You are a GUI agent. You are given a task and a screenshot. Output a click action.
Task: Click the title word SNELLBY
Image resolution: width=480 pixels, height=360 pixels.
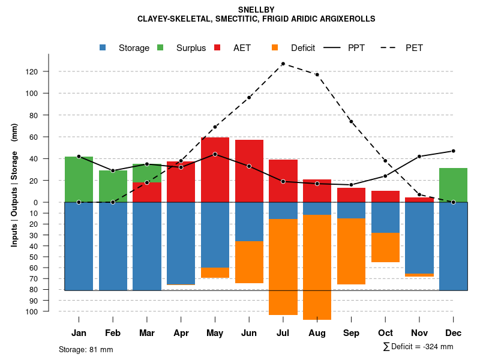(x=256, y=10)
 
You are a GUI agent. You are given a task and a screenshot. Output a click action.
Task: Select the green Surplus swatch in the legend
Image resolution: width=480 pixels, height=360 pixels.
(x=160, y=48)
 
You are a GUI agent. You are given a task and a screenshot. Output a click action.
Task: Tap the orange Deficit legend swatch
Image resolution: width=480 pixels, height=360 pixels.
(x=275, y=48)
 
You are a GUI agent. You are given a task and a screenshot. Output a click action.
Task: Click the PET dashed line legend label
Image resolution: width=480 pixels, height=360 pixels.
(x=414, y=48)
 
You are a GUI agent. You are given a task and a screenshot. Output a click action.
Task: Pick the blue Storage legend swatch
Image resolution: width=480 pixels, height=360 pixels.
(x=103, y=48)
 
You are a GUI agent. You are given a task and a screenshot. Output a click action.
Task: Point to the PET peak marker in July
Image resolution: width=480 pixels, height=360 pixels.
(x=283, y=64)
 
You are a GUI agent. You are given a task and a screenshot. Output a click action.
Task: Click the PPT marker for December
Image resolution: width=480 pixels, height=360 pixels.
(x=454, y=151)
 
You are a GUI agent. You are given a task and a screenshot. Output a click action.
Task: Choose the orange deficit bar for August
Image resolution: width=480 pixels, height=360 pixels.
(x=317, y=267)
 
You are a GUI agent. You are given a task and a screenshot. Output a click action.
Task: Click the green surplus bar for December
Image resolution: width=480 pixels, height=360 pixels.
(x=454, y=185)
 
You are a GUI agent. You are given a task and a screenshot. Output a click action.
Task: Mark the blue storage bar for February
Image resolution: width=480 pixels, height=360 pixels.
(x=113, y=246)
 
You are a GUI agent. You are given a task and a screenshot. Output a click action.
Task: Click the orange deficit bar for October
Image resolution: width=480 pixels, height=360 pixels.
(x=385, y=247)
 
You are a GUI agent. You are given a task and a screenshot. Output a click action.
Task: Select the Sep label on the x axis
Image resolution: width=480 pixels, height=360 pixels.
(x=351, y=333)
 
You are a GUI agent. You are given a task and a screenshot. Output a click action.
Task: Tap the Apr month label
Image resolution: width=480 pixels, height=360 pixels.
(x=181, y=333)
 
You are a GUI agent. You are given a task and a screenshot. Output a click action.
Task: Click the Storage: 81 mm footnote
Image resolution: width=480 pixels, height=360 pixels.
(x=86, y=349)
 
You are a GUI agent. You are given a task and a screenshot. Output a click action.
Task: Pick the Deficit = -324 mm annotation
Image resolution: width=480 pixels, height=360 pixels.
(x=418, y=347)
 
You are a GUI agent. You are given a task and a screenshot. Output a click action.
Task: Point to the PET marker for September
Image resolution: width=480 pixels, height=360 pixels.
(x=351, y=122)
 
